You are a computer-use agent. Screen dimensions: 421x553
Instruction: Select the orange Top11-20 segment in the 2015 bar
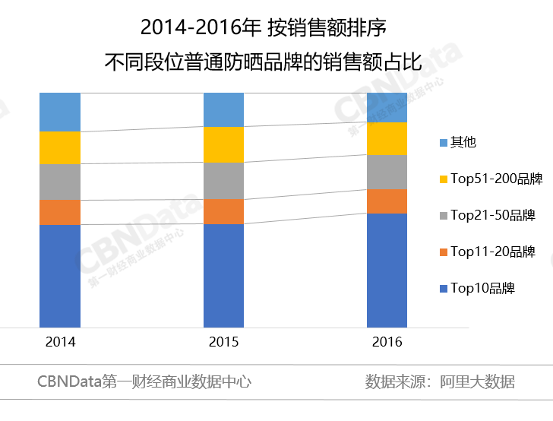click(223, 211)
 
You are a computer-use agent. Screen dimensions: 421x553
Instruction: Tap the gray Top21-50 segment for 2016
click(387, 172)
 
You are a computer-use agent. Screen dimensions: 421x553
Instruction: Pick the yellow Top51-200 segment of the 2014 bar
click(60, 147)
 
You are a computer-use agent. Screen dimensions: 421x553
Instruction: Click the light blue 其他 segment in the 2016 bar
click(387, 107)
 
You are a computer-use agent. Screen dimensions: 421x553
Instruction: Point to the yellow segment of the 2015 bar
click(223, 144)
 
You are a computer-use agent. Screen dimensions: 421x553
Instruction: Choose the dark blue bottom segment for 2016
click(387, 270)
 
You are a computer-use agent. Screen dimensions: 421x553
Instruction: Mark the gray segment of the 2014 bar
click(60, 182)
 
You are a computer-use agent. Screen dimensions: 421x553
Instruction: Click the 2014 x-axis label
click(60, 342)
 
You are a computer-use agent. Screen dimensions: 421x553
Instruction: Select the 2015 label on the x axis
click(223, 342)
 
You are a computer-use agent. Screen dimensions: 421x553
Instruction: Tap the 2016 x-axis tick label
click(387, 342)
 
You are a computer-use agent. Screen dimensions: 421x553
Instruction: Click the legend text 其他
click(463, 142)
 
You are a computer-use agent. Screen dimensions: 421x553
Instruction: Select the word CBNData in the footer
click(69, 381)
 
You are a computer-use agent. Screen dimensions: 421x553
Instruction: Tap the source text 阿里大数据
click(478, 381)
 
